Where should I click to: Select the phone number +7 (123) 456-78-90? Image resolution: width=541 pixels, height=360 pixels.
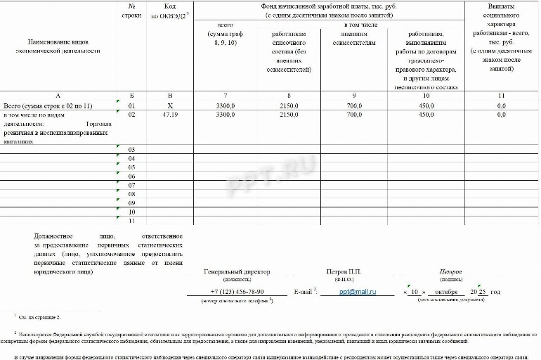click(237, 291)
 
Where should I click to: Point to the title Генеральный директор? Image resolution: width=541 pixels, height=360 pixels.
click(237, 271)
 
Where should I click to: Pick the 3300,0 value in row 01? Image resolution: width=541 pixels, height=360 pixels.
click(226, 105)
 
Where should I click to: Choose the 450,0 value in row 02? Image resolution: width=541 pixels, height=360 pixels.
click(426, 114)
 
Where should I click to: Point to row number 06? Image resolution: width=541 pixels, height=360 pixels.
click(131, 176)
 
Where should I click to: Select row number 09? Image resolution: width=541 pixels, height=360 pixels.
click(131, 203)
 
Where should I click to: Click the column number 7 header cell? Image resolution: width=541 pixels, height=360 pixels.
click(226, 95)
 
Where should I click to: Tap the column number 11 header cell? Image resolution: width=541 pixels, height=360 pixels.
click(501, 95)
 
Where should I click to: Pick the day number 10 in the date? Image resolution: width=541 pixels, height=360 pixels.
click(415, 291)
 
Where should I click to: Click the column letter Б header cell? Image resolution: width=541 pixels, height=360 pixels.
click(131, 95)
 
